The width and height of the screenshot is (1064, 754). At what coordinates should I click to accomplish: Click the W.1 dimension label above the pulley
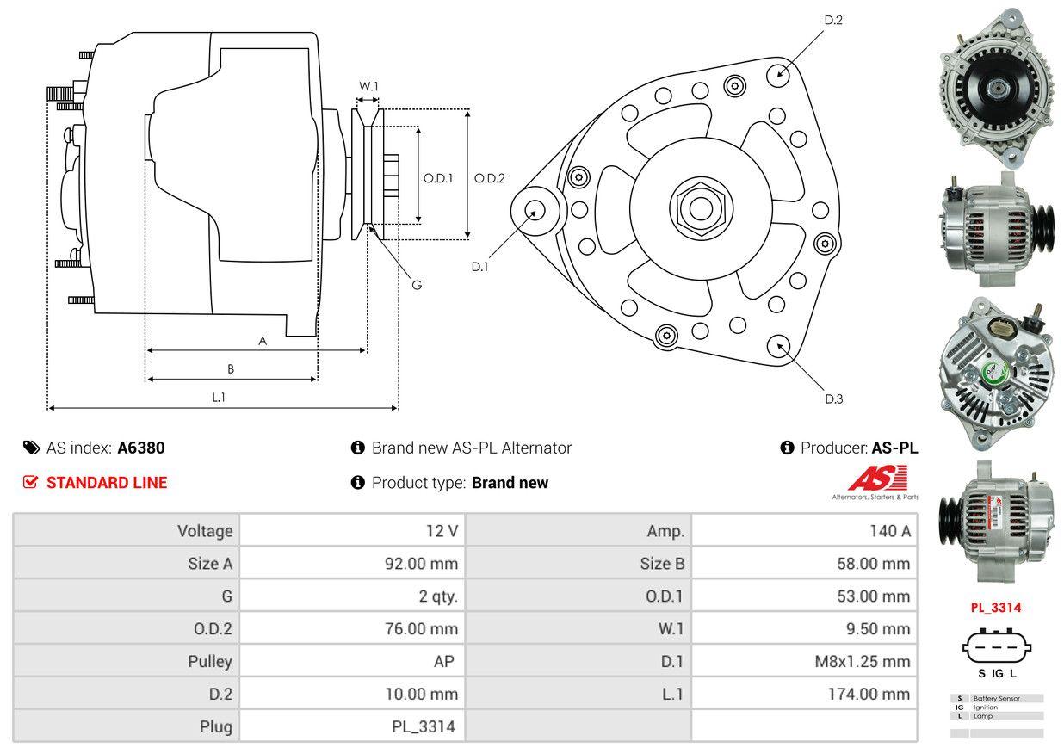(368, 86)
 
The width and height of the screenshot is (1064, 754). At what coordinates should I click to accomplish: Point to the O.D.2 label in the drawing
(489, 178)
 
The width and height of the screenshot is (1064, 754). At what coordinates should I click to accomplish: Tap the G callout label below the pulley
(417, 285)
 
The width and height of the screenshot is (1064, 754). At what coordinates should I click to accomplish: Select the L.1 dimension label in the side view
(219, 397)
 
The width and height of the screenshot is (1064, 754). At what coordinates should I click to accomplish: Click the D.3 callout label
(834, 399)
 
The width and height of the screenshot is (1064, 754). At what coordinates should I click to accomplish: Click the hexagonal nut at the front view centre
(701, 208)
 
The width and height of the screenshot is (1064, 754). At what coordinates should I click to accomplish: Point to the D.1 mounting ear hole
(535, 211)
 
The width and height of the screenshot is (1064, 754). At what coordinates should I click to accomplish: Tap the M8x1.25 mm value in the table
(862, 661)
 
